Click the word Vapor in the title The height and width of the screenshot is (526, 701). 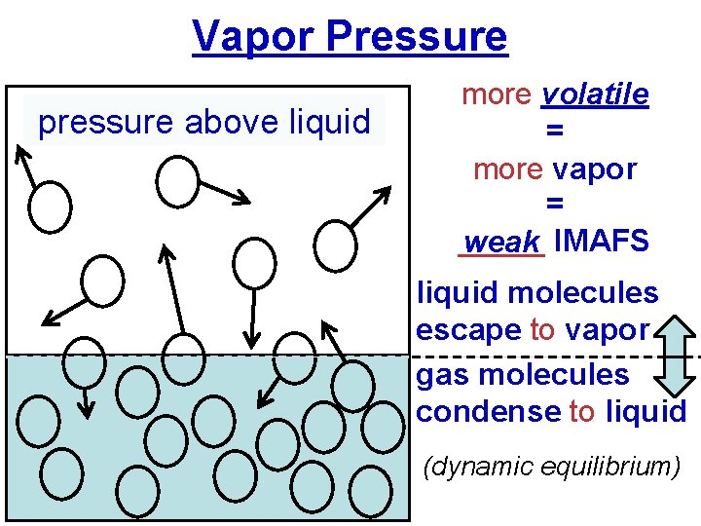tap(255, 37)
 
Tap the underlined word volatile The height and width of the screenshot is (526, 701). tap(595, 94)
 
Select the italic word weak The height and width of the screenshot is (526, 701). tap(501, 242)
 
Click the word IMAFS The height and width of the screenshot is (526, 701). tap(600, 241)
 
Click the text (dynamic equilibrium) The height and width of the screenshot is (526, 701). tap(551, 467)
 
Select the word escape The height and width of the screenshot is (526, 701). tap(468, 330)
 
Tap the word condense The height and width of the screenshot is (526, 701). tap(488, 411)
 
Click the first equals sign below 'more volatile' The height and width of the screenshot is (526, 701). tap(554, 131)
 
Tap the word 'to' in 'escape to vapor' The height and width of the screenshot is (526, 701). tap(542, 330)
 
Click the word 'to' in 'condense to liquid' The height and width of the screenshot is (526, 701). tap(581, 411)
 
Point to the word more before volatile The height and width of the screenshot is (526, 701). tap(497, 94)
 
